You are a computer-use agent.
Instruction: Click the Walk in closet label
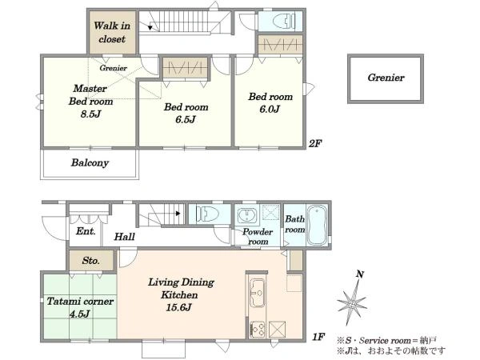tap(112, 32)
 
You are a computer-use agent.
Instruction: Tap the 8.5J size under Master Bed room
tap(90, 114)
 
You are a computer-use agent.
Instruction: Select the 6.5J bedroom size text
tap(186, 119)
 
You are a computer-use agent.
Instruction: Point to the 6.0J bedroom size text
tap(270, 109)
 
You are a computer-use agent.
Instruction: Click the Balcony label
tap(90, 162)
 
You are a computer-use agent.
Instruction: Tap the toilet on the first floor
tap(207, 214)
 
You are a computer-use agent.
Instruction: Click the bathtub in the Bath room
tap(317, 225)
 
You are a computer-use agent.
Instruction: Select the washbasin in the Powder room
tap(246, 215)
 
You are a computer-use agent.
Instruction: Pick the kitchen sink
tap(257, 293)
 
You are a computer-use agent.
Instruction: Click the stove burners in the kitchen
tap(258, 329)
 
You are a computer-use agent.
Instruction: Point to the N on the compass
tap(360, 274)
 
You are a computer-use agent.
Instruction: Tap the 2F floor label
tap(315, 143)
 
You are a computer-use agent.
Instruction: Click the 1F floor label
tap(318, 337)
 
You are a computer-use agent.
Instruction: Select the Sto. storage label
tap(91, 261)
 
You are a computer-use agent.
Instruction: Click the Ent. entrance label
tap(86, 231)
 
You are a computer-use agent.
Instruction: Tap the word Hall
tap(125, 236)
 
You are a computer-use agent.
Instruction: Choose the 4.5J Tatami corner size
tap(79, 314)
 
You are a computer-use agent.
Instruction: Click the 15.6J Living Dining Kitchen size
tap(178, 307)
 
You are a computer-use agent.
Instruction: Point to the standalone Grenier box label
tap(386, 78)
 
